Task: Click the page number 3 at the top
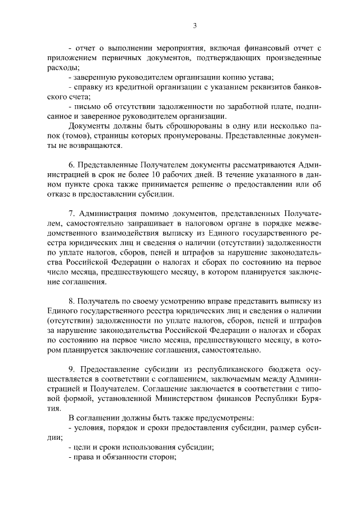(x=194, y=25)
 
